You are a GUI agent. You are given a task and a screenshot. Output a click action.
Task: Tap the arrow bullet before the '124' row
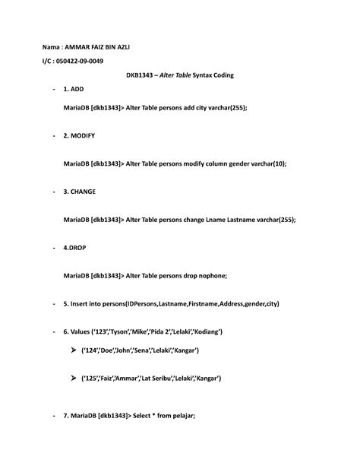73,350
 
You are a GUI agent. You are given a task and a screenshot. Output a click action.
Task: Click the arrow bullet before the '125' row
73,378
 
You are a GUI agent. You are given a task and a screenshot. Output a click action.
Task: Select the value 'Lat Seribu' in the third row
159,378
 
